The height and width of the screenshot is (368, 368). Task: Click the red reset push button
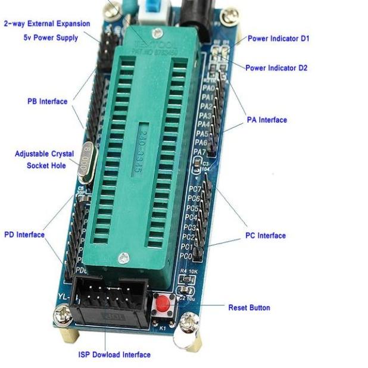(162, 307)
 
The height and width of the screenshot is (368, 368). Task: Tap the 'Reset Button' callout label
(249, 308)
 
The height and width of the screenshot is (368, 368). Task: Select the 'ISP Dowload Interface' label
(114, 355)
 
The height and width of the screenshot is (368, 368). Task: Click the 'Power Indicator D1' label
(279, 39)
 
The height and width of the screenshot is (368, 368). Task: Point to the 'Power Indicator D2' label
(276, 68)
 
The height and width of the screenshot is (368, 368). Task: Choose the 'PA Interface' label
(267, 120)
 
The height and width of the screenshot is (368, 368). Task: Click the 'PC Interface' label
(266, 236)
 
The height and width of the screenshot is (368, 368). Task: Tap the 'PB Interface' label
(48, 101)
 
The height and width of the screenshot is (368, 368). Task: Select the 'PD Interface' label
(24, 235)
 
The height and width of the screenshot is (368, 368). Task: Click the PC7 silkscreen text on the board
(194, 189)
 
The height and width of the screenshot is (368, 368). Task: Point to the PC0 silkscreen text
(186, 256)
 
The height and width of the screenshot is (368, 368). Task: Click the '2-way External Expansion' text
(47, 24)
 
